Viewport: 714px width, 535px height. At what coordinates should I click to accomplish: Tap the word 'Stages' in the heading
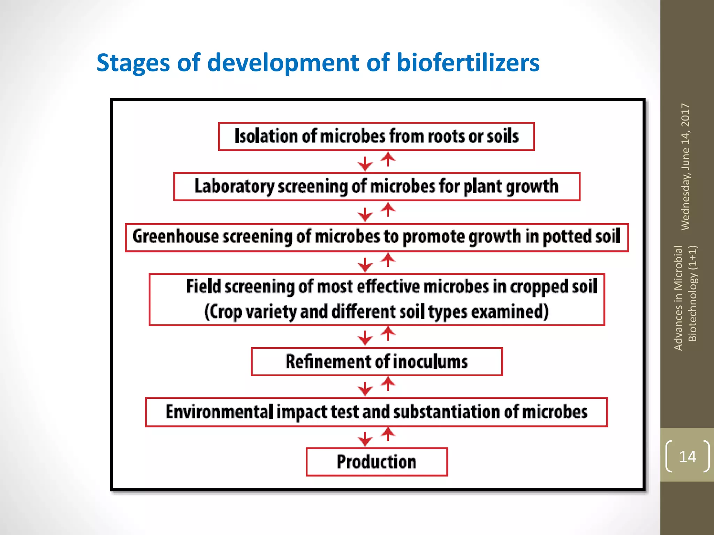click(x=133, y=63)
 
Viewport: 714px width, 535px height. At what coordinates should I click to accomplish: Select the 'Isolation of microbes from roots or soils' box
click(x=376, y=136)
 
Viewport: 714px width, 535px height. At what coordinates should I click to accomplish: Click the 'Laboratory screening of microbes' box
click(x=377, y=186)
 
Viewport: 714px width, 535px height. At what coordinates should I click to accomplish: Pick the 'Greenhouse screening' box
click(x=377, y=237)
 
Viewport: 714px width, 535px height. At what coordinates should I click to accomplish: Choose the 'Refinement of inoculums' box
click(x=377, y=362)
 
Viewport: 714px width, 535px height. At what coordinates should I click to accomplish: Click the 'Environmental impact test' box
click(x=377, y=412)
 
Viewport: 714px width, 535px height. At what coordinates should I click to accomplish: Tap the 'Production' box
click(x=377, y=462)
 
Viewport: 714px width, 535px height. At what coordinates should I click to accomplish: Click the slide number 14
click(x=688, y=457)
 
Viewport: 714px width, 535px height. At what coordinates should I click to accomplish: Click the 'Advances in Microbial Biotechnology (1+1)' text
click(x=685, y=298)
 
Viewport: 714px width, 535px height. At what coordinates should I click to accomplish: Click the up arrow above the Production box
click(x=388, y=434)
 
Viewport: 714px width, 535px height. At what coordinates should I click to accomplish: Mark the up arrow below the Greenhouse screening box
click(x=388, y=260)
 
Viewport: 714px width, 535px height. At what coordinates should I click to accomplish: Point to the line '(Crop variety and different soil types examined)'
click(x=377, y=312)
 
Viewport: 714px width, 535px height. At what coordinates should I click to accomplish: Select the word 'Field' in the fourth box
click(x=203, y=287)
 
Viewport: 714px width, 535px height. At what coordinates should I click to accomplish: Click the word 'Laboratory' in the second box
click(x=234, y=186)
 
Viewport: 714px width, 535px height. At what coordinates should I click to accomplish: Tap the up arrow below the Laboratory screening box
click(x=388, y=210)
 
